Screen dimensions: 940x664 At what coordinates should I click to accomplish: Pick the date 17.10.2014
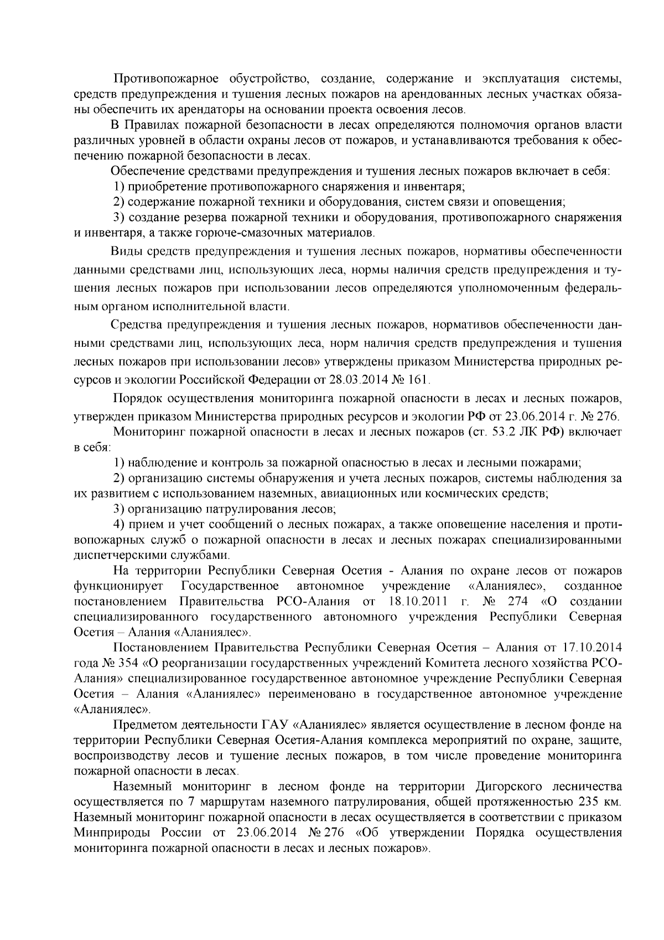point(593,648)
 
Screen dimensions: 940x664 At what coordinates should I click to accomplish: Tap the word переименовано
point(321,694)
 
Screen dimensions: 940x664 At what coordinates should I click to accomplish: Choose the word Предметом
point(142,725)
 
